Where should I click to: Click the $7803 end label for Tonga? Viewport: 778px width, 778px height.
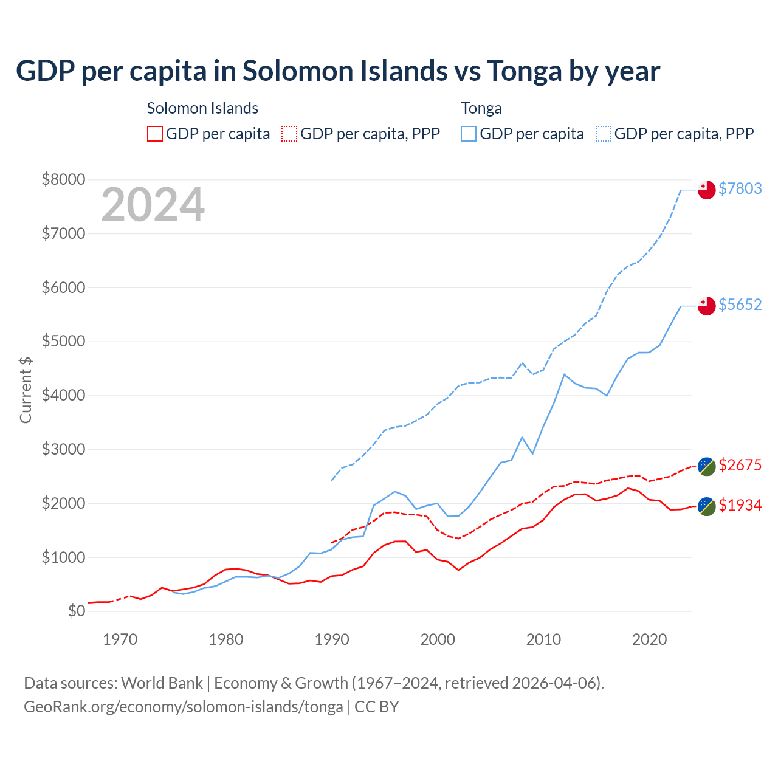click(740, 188)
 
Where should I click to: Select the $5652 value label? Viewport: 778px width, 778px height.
click(740, 305)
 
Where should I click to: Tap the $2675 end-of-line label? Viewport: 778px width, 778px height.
click(740, 465)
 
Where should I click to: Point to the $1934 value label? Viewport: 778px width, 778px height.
click(740, 505)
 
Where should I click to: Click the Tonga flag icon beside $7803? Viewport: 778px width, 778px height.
click(706, 190)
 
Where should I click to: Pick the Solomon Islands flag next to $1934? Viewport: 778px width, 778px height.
click(706, 506)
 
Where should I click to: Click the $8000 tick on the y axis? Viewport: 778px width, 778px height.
click(63, 179)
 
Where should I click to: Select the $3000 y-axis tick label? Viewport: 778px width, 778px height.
click(63, 449)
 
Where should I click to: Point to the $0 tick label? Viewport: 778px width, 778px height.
click(77, 611)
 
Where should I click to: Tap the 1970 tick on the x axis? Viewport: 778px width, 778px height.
click(120, 639)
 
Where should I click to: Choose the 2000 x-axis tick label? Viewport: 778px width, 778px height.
click(438, 639)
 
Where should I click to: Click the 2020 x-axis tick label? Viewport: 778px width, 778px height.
click(649, 639)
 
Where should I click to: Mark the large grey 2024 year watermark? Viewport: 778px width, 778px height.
click(153, 205)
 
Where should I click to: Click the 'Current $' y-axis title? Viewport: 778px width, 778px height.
click(26, 390)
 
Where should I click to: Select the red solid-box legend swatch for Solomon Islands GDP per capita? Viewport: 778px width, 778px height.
click(155, 134)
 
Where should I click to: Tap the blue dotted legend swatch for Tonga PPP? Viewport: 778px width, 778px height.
click(604, 134)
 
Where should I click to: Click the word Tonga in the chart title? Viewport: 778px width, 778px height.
click(524, 71)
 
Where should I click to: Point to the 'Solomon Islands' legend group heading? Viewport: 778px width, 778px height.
click(202, 108)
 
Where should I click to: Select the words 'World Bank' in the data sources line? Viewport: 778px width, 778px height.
click(162, 683)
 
